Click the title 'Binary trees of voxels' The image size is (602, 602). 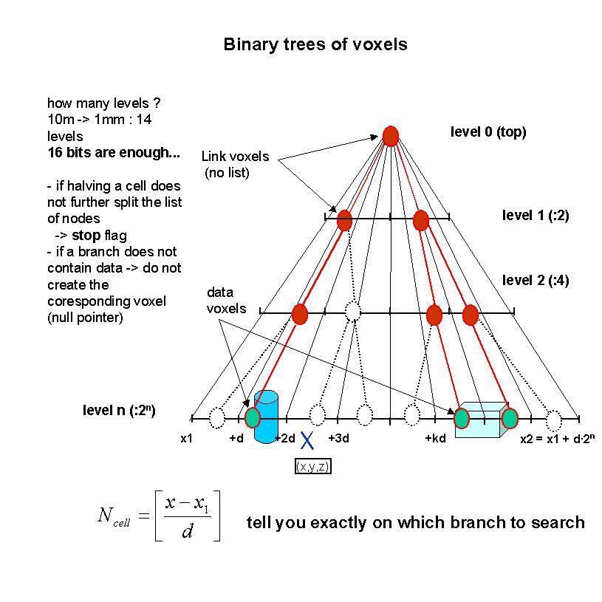pyautogui.click(x=315, y=44)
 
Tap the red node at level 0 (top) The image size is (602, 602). pyautogui.click(x=391, y=136)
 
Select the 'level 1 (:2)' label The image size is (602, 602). pyautogui.click(x=536, y=216)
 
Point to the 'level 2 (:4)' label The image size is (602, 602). pyautogui.click(x=536, y=280)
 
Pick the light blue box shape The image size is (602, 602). pyautogui.click(x=481, y=421)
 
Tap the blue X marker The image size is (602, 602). pyautogui.click(x=306, y=441)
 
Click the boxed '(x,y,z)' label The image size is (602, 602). pyautogui.click(x=312, y=467)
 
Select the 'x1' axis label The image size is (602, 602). pyautogui.click(x=187, y=438)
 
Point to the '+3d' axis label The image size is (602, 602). pyautogui.click(x=339, y=438)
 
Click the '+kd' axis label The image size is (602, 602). pyautogui.click(x=435, y=438)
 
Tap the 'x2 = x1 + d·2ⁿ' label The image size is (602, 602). pyautogui.click(x=558, y=438)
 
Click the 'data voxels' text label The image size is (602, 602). pyautogui.click(x=225, y=301)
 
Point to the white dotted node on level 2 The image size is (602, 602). pyautogui.click(x=353, y=312)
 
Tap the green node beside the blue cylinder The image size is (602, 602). pyautogui.click(x=253, y=418)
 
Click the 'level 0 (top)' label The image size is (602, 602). pyautogui.click(x=488, y=132)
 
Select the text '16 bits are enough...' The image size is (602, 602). pyautogui.click(x=113, y=154)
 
